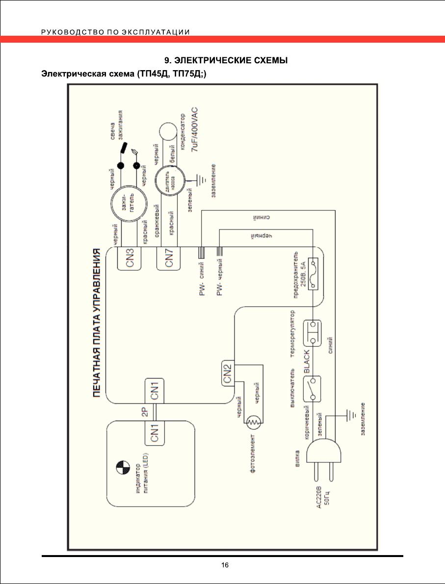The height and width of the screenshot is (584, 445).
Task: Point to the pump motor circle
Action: click(x=170, y=180)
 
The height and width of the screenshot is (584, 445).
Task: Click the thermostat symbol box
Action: click(x=313, y=333)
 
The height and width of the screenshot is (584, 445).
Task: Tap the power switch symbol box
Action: click(x=313, y=388)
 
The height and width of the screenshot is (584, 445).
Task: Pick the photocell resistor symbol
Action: click(x=254, y=422)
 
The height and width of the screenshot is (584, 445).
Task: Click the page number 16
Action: click(x=225, y=565)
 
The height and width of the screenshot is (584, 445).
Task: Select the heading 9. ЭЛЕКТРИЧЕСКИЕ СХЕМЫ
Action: click(x=225, y=60)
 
